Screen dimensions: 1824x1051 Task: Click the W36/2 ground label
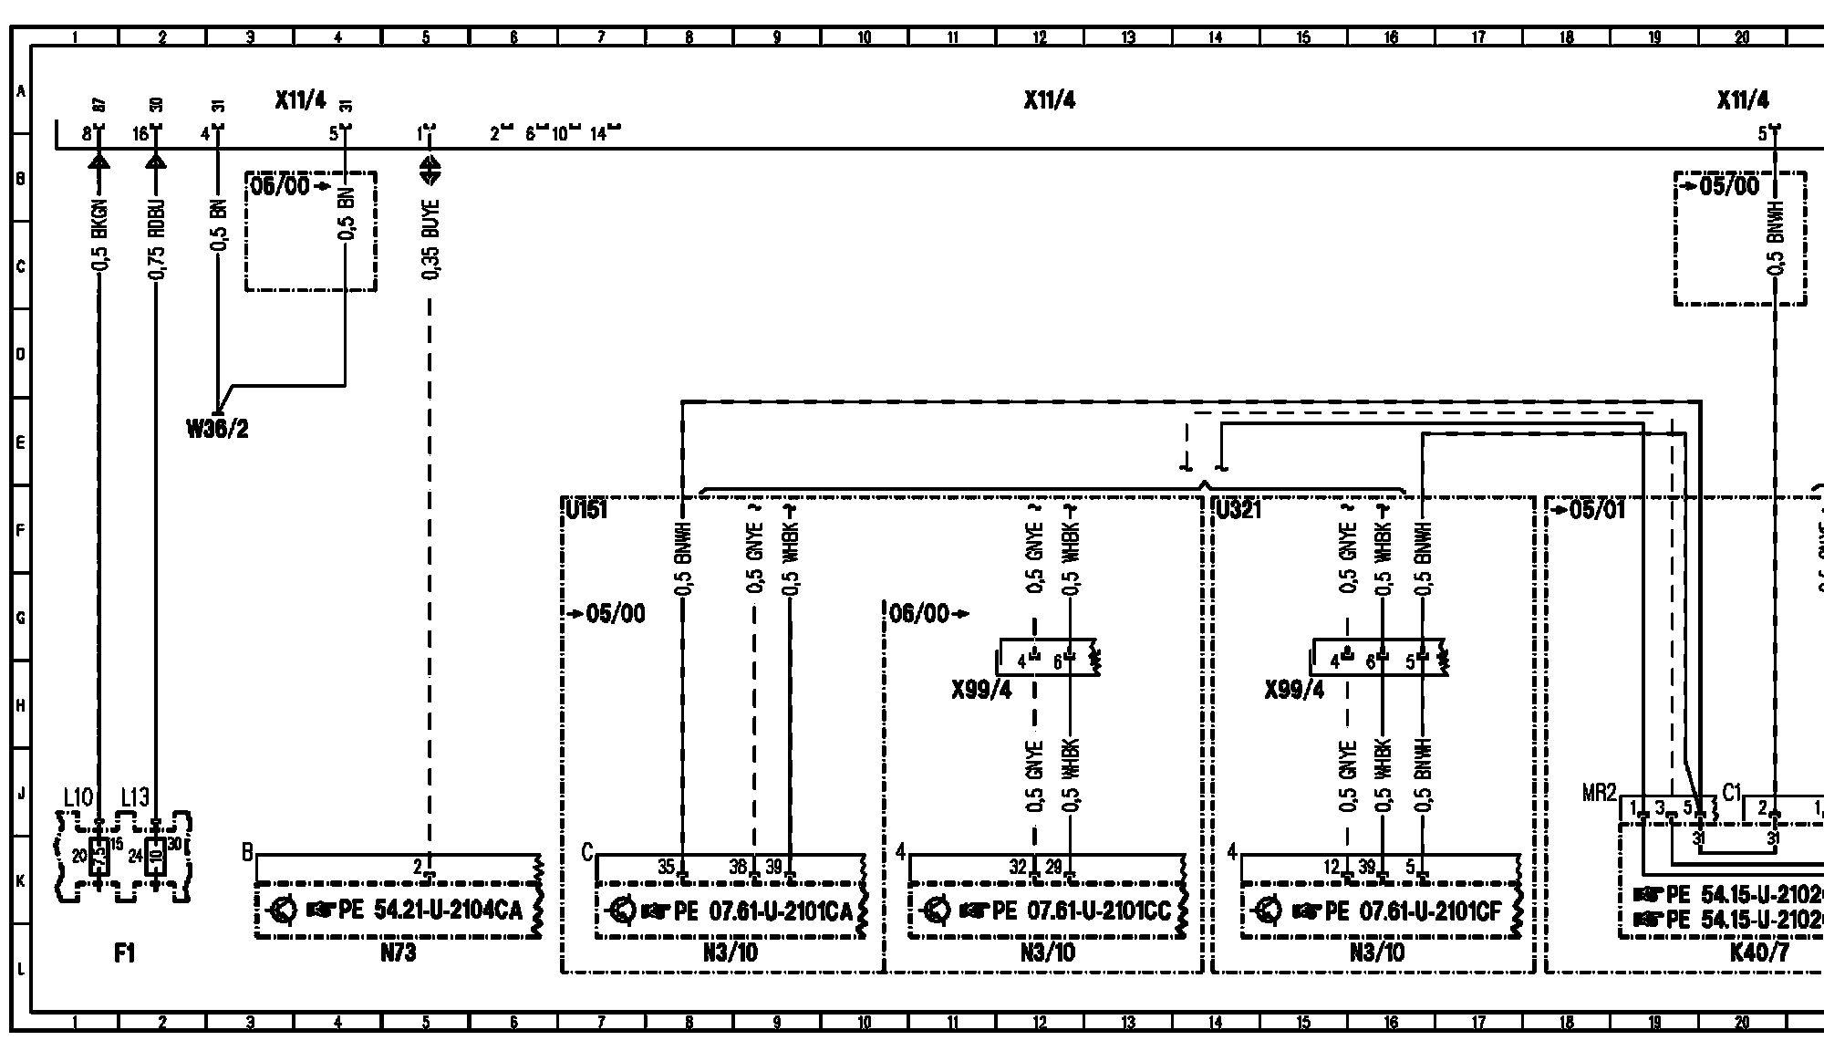217,430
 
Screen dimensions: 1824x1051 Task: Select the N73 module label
399,953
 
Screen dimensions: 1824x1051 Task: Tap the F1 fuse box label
125,953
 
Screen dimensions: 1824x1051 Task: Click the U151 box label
586,509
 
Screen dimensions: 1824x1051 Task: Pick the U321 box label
1238,509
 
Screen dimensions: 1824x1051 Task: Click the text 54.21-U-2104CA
448,910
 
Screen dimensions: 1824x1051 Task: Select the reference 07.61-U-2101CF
1430,910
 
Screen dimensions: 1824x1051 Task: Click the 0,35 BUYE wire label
431,239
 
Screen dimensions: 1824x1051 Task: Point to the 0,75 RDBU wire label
157,240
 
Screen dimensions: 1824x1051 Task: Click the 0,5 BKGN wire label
100,234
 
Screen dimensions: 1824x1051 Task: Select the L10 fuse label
78,797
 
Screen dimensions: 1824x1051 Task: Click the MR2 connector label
1599,792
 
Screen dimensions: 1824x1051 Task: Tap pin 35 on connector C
668,867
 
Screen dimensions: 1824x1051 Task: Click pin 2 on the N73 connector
419,867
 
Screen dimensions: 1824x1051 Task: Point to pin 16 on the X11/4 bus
140,134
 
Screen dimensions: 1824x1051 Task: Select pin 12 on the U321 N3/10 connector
1332,867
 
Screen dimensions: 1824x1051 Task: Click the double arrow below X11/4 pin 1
430,171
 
